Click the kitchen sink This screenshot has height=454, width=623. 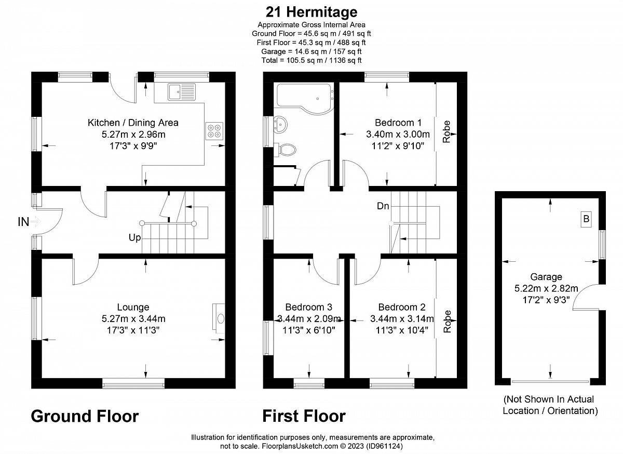(x=182, y=91)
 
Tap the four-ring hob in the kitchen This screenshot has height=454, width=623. (x=214, y=131)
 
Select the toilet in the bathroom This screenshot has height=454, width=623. (x=285, y=150)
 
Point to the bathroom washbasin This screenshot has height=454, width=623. (x=280, y=124)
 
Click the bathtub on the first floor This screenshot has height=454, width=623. (x=305, y=99)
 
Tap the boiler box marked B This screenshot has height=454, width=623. (x=586, y=220)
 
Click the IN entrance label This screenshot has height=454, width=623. (x=23, y=222)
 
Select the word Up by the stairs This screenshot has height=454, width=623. (x=134, y=238)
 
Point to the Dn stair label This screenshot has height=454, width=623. (x=383, y=206)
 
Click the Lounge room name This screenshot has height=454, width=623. (x=133, y=307)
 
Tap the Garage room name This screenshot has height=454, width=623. (x=546, y=277)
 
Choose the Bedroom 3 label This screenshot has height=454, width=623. (x=308, y=307)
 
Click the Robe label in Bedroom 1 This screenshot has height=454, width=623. (x=446, y=131)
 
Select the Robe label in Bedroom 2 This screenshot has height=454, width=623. (x=447, y=322)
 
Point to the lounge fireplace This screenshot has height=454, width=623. (x=219, y=318)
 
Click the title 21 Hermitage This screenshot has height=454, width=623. (x=311, y=12)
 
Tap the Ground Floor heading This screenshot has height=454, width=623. (x=85, y=416)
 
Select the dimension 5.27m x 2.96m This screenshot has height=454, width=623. (x=133, y=134)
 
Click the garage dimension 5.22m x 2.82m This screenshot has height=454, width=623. (x=546, y=288)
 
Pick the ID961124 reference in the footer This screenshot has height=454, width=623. (x=385, y=446)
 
